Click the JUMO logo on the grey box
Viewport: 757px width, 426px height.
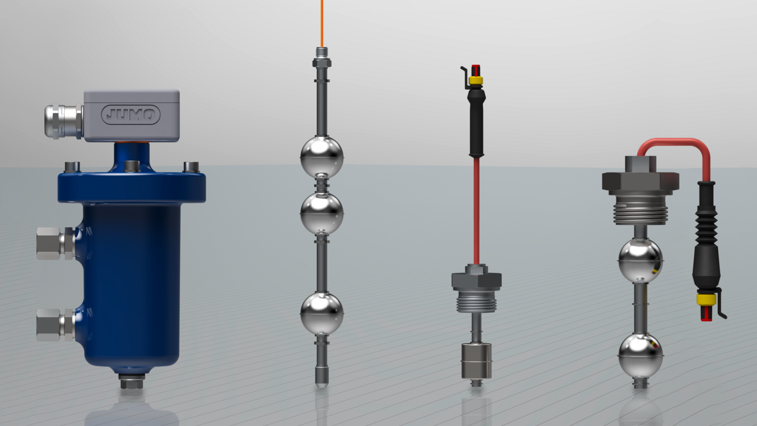tap(131, 115)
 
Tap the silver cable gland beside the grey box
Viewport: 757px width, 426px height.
tap(64, 122)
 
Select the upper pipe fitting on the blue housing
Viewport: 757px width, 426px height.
tap(56, 243)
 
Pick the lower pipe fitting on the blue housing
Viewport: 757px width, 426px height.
tap(56, 324)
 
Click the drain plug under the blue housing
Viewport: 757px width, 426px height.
tap(132, 381)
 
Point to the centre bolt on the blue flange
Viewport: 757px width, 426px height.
tap(132, 166)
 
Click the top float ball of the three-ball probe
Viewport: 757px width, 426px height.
tap(322, 157)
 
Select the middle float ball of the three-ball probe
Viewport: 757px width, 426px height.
tap(322, 214)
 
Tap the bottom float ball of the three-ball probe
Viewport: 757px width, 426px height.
tap(322, 314)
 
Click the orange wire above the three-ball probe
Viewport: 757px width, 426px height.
tap(322, 24)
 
